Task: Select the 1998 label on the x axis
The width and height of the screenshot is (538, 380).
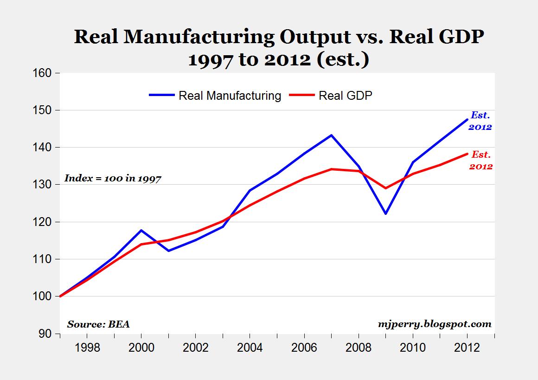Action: [x=87, y=348]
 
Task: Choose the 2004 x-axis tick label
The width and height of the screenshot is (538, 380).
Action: [x=250, y=348]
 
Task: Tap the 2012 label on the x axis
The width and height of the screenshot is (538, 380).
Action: [x=467, y=348]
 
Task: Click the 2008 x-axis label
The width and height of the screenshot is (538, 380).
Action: [x=358, y=348]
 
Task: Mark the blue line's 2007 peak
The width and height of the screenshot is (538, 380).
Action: [x=331, y=135]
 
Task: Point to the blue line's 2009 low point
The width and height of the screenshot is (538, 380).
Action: [x=385, y=213]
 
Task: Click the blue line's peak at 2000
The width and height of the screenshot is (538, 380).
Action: [x=141, y=230]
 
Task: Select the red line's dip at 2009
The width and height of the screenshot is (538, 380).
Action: [x=385, y=188]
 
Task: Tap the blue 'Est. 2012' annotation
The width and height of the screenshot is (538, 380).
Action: [x=480, y=121]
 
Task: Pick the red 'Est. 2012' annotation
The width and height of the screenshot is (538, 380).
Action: [x=480, y=160]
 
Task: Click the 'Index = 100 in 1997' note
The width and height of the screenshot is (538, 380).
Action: [x=112, y=178]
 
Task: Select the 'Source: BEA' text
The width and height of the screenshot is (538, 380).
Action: [x=98, y=324]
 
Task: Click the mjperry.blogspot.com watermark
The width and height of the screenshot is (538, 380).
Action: [x=435, y=324]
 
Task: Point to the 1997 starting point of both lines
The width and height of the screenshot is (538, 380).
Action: [x=60, y=296]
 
